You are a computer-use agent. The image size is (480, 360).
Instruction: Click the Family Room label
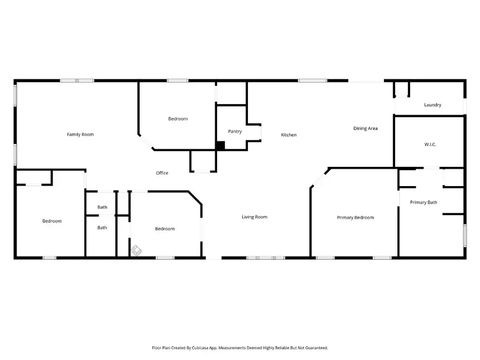coord(80,134)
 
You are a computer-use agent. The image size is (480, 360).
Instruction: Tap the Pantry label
coord(235,131)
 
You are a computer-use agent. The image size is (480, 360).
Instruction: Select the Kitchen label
coord(289,135)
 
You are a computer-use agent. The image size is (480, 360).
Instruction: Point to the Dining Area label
coord(365,129)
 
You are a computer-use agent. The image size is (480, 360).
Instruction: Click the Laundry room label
coord(433,105)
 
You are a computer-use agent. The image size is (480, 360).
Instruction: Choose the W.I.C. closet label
coord(430,145)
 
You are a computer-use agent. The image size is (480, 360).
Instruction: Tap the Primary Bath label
coord(423,202)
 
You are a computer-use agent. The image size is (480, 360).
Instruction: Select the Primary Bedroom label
coord(355,218)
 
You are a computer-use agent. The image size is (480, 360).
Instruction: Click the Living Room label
coord(254,217)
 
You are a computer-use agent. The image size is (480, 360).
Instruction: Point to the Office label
coord(162,173)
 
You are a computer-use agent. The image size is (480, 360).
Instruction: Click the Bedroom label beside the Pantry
coord(178,119)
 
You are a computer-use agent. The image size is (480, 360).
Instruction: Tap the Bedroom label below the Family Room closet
coord(52,221)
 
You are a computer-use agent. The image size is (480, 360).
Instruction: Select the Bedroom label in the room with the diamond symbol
coord(165,229)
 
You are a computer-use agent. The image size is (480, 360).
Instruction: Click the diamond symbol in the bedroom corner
coord(136,249)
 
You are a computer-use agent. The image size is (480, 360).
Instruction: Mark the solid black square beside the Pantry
coord(220,145)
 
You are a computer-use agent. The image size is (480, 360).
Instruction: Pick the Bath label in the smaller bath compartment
coord(102,207)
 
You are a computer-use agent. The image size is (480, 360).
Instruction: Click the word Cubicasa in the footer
coord(212,348)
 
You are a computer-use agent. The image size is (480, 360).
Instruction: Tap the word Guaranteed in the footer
coord(315,348)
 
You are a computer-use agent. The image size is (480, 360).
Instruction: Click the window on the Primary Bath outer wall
coord(465,235)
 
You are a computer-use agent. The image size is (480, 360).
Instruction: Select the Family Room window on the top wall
coord(77,81)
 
